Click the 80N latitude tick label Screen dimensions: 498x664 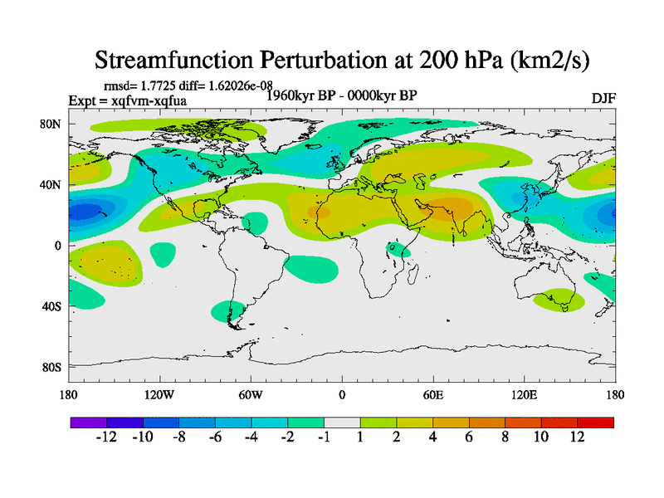[x=51, y=124]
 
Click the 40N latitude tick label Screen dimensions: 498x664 [x=51, y=184]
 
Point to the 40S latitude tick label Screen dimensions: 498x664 [x=51, y=306]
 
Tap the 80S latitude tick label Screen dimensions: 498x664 [x=51, y=367]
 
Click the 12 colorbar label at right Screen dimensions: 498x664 [x=578, y=437]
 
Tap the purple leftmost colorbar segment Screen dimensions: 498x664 [x=89, y=422]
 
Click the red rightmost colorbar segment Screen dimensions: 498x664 [x=596, y=422]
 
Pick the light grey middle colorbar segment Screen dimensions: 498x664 [x=342, y=422]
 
